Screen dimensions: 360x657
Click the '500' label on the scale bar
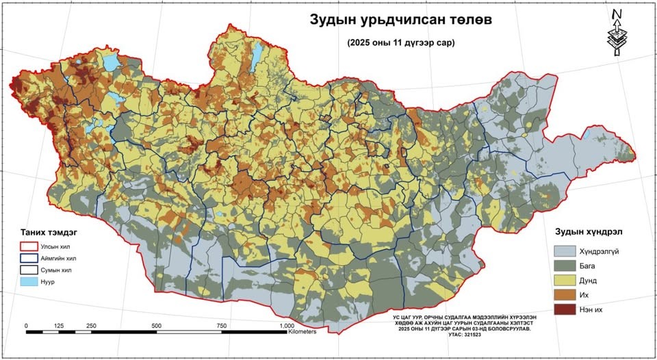[156, 326]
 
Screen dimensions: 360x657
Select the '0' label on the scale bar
[26, 326]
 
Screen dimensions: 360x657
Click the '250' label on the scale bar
[91, 326]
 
